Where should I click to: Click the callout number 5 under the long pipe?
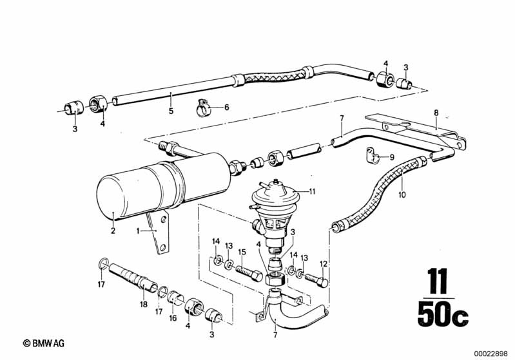pyautogui.click(x=171, y=111)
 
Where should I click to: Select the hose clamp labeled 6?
pyautogui.click(x=203, y=108)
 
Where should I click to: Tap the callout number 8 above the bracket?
pyautogui.click(x=436, y=113)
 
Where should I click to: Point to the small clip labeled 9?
pyautogui.click(x=372, y=156)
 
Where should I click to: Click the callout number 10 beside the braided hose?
pyautogui.click(x=402, y=194)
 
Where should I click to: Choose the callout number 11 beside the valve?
pyautogui.click(x=312, y=191)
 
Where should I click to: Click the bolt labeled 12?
pyautogui.click(x=316, y=279)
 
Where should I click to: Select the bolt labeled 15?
pyautogui.click(x=249, y=272)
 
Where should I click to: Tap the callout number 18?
pyautogui.click(x=144, y=304)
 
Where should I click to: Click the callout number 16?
pyautogui.click(x=173, y=317)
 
